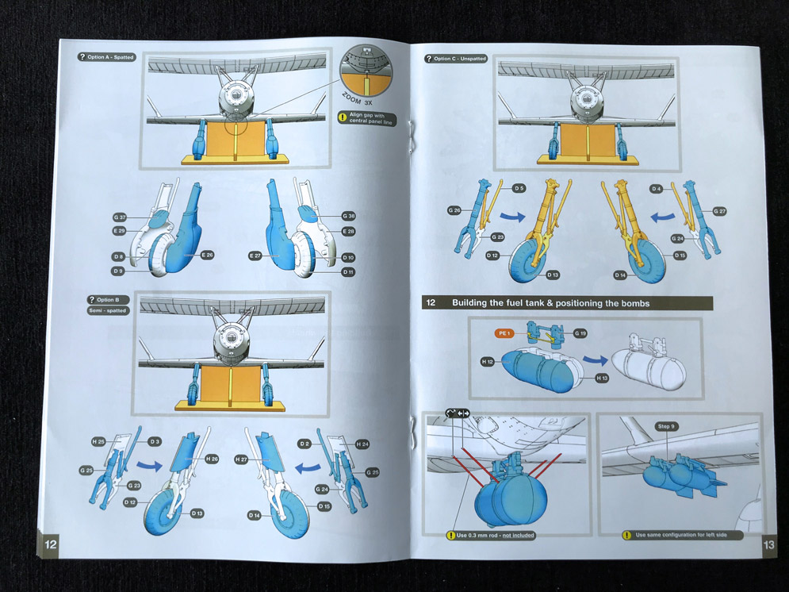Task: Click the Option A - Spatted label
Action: coord(107,57)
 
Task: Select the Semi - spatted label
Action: coord(107,310)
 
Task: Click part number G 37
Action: coord(120,217)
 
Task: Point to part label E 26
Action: coord(208,255)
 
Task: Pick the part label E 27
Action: coord(255,256)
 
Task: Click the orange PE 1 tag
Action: coord(503,333)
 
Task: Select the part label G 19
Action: coord(580,333)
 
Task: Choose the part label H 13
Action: coord(603,379)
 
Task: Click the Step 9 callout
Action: coord(666,427)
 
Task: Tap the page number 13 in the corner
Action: coord(768,544)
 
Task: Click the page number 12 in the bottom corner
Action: coord(50,544)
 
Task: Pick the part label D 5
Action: coord(519,189)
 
